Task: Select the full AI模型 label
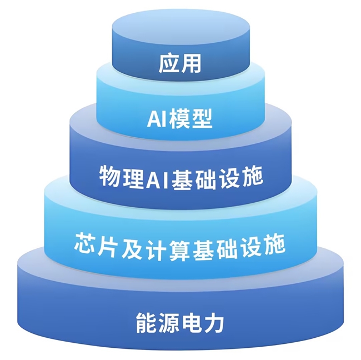coord(180,118)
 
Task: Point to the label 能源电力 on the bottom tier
coord(180,323)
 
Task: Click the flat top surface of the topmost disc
coord(180,28)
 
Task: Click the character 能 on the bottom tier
coord(146,323)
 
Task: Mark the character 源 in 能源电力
coord(169,323)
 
